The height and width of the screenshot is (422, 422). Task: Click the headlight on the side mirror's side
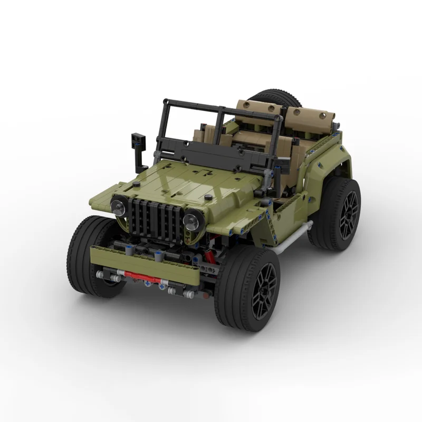click(x=119, y=206)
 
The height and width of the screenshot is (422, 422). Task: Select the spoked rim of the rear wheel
click(x=346, y=214)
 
